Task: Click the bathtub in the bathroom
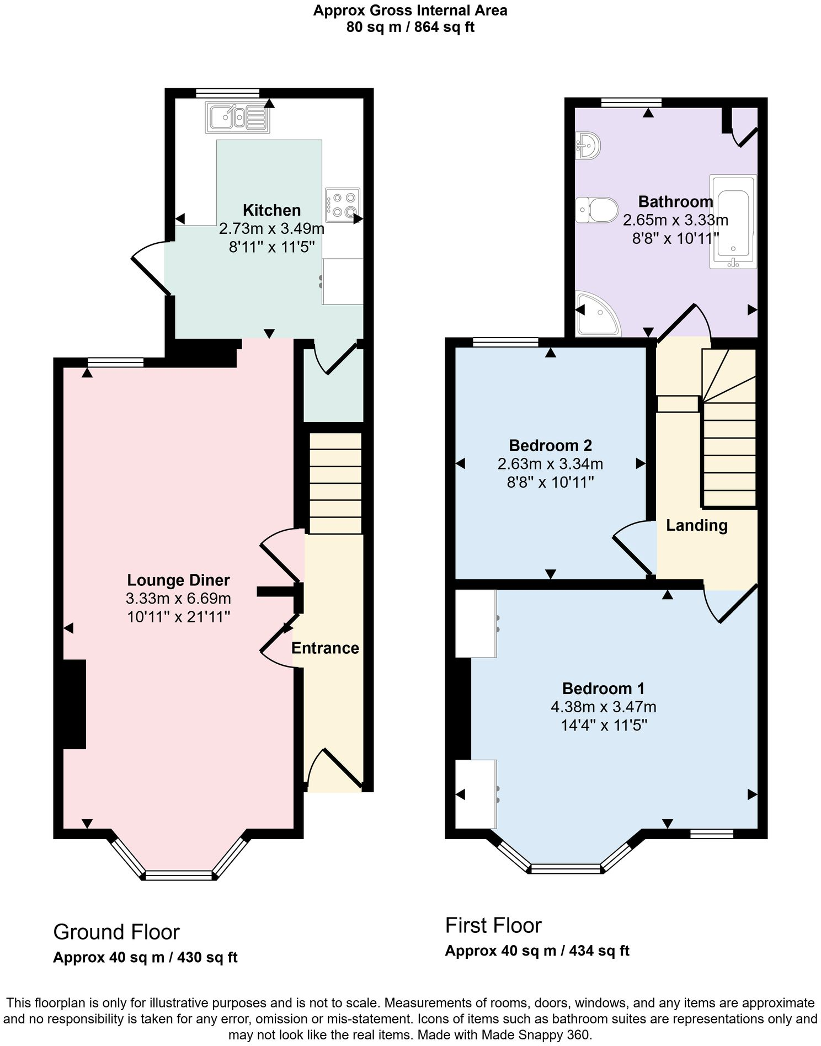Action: tap(733, 221)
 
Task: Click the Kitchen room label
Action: tap(271, 210)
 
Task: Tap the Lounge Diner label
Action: tap(178, 580)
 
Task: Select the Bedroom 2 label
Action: tap(550, 445)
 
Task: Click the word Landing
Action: tap(696, 525)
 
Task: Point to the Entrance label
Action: tap(325, 648)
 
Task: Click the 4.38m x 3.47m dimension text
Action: tap(603, 707)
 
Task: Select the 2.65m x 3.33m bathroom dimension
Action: tap(675, 220)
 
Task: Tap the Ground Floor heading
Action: tap(116, 932)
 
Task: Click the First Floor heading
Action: tap(493, 925)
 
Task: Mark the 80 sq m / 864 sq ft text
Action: tap(410, 27)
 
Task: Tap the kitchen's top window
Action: tap(227, 93)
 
